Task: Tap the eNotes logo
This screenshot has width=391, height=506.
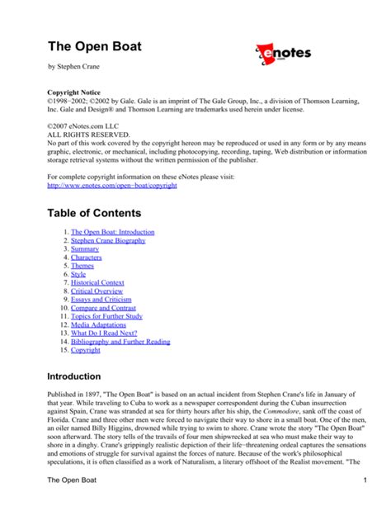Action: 282,56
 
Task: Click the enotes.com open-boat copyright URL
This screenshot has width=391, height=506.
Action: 112,186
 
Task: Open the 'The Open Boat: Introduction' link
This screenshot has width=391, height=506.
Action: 112,233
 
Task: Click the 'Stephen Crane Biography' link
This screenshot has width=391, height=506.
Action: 108,241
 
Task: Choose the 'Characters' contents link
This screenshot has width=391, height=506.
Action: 87,258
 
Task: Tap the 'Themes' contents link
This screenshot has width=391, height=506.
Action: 82,267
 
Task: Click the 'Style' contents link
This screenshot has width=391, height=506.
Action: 78,275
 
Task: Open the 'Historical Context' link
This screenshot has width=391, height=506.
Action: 97,283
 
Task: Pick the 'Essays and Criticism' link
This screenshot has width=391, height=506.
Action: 102,300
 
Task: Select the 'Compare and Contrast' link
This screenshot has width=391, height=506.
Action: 105,308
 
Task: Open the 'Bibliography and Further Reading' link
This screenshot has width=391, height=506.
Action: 120,341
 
